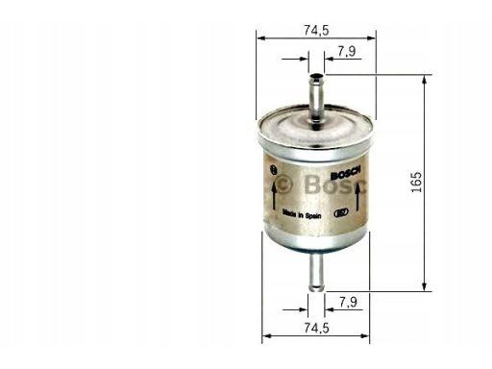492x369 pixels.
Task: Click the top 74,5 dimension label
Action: (x=316, y=30)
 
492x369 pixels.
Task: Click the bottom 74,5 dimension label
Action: (x=316, y=328)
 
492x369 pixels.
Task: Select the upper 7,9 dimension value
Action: (x=347, y=51)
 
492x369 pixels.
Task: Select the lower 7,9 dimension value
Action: (x=348, y=302)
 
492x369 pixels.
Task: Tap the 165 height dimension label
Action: (x=416, y=183)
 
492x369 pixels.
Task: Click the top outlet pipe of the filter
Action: (x=316, y=98)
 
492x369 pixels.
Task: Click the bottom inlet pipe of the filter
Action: (x=316, y=271)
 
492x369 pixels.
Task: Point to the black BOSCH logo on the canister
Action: (x=346, y=173)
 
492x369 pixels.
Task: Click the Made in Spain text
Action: (x=302, y=214)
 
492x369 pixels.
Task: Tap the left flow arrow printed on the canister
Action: (x=274, y=197)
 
